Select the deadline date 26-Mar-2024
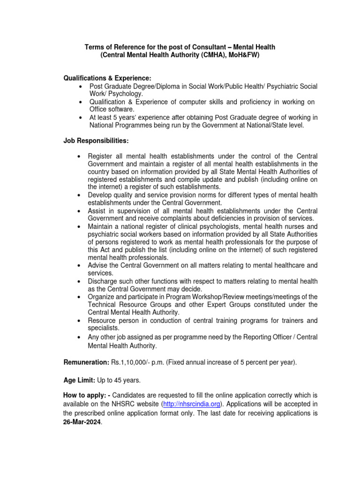[x=82, y=422]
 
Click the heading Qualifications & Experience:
[x=107, y=78]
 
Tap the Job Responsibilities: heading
[x=96, y=141]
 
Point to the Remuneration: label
[x=86, y=362]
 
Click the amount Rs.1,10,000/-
[x=131, y=362]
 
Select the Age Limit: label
[x=79, y=380]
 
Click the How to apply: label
[x=86, y=395]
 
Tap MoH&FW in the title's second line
[x=242, y=55]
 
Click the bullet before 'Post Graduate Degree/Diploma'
[x=82, y=87]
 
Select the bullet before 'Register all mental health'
[x=82, y=156]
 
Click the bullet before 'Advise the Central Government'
[x=82, y=266]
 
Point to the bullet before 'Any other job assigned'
[x=82, y=337]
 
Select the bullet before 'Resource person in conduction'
[x=82, y=321]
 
